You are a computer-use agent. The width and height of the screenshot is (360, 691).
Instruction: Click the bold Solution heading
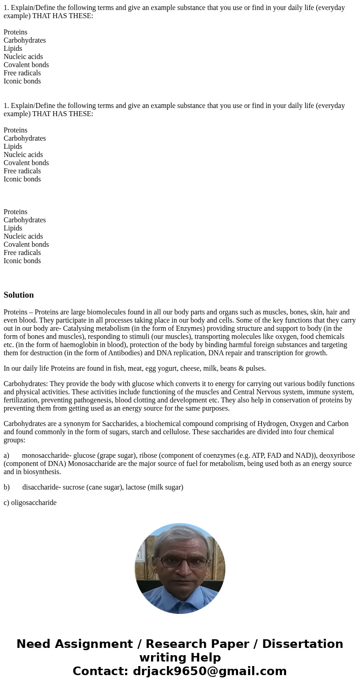pyautogui.click(x=19, y=295)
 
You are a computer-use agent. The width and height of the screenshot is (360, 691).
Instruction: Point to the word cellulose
pyautogui.click(x=172, y=432)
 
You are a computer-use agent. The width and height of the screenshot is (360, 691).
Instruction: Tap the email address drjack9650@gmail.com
pyautogui.click(x=209, y=671)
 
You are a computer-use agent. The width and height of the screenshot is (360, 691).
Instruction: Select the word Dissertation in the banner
pyautogui.click(x=302, y=644)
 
